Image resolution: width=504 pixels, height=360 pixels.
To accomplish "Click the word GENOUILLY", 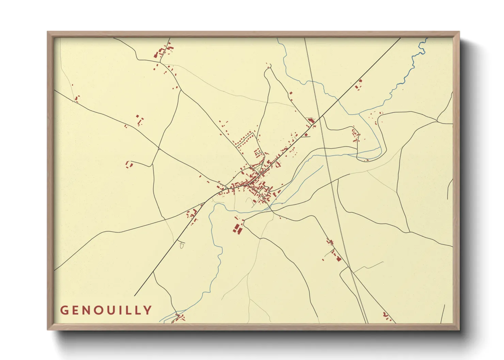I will point(106,310).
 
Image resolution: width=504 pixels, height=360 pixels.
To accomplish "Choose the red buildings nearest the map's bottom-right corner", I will point(387,316).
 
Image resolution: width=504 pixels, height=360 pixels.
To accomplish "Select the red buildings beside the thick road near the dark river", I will point(359,84).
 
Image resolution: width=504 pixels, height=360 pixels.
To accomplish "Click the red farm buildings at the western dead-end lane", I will point(129,164).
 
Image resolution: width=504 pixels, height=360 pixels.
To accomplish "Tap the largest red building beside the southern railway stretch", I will point(338,258).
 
